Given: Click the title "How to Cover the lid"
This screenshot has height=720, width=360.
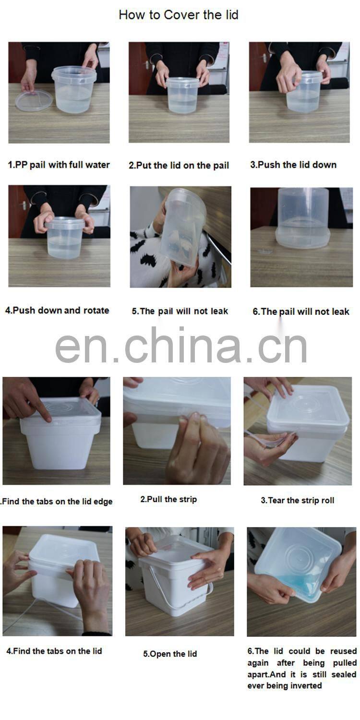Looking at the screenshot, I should [x=178, y=15].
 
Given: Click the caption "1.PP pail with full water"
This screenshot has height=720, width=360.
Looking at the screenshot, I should [x=59, y=165].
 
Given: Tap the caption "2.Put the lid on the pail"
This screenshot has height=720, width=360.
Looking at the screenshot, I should [x=179, y=165].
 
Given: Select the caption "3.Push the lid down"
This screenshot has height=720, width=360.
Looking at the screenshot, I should [x=293, y=165].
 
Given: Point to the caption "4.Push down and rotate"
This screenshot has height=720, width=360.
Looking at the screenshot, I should [x=57, y=310].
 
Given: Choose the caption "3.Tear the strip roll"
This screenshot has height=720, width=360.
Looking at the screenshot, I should [x=297, y=500].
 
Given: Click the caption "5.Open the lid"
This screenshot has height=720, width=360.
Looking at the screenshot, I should [x=170, y=654].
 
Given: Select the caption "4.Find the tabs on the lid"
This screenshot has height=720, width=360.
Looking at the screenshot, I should [x=54, y=651].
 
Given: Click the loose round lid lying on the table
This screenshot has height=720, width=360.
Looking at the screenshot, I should [x=34, y=100].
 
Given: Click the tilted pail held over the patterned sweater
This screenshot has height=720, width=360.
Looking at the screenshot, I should [x=182, y=226].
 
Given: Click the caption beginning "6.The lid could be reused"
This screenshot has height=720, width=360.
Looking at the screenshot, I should [x=302, y=668].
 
